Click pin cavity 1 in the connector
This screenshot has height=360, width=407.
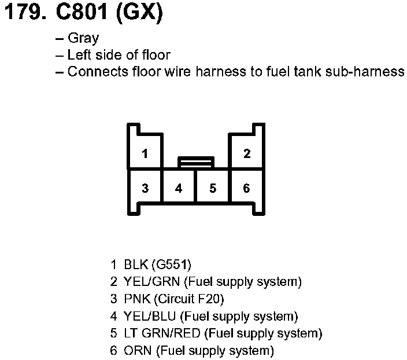tap(145, 153)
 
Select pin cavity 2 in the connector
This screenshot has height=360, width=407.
tap(247, 153)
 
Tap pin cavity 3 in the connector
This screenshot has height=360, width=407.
tap(145, 188)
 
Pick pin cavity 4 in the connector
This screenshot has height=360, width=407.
tap(179, 188)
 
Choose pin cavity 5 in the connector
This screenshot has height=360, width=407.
tap(213, 188)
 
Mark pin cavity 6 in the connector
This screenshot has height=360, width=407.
tap(247, 188)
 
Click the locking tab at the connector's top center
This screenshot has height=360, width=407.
tap(196, 162)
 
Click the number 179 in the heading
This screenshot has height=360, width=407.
tap(23, 13)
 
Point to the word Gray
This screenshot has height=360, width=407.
tap(83, 39)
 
